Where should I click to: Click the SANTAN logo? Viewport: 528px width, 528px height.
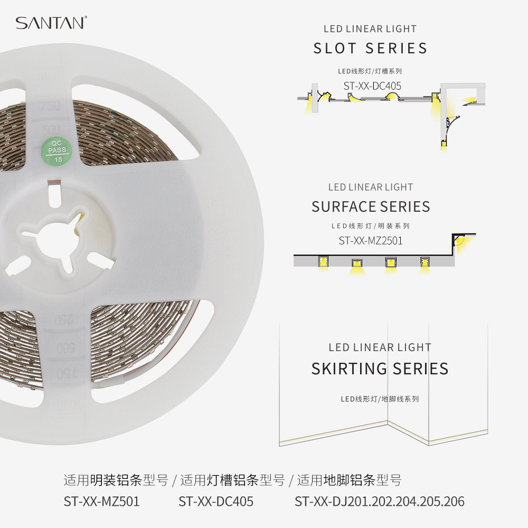(x=51, y=23)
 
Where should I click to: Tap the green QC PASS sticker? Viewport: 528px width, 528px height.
(x=56, y=150)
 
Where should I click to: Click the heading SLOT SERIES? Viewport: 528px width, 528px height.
(x=371, y=49)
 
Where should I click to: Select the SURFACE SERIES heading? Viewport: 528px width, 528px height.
(x=371, y=206)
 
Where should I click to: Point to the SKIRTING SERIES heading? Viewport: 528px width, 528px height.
(x=380, y=369)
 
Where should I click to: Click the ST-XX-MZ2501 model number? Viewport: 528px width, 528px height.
(x=371, y=241)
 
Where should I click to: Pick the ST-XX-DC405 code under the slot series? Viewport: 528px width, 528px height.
(x=372, y=86)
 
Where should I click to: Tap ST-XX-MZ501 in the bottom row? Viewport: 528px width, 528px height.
(x=101, y=502)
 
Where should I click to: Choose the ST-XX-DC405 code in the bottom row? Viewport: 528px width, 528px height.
(x=216, y=502)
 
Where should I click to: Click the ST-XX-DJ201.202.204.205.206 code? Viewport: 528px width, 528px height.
(x=380, y=502)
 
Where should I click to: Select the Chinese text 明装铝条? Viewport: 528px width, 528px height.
(x=115, y=480)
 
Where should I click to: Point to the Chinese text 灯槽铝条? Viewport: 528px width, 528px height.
(x=232, y=480)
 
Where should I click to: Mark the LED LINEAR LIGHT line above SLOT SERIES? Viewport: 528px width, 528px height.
(x=370, y=29)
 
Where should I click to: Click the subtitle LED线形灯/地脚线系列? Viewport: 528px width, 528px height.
(x=380, y=399)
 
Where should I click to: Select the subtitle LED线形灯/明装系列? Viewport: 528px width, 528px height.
(x=371, y=226)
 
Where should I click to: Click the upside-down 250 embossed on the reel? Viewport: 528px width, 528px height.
(x=64, y=319)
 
